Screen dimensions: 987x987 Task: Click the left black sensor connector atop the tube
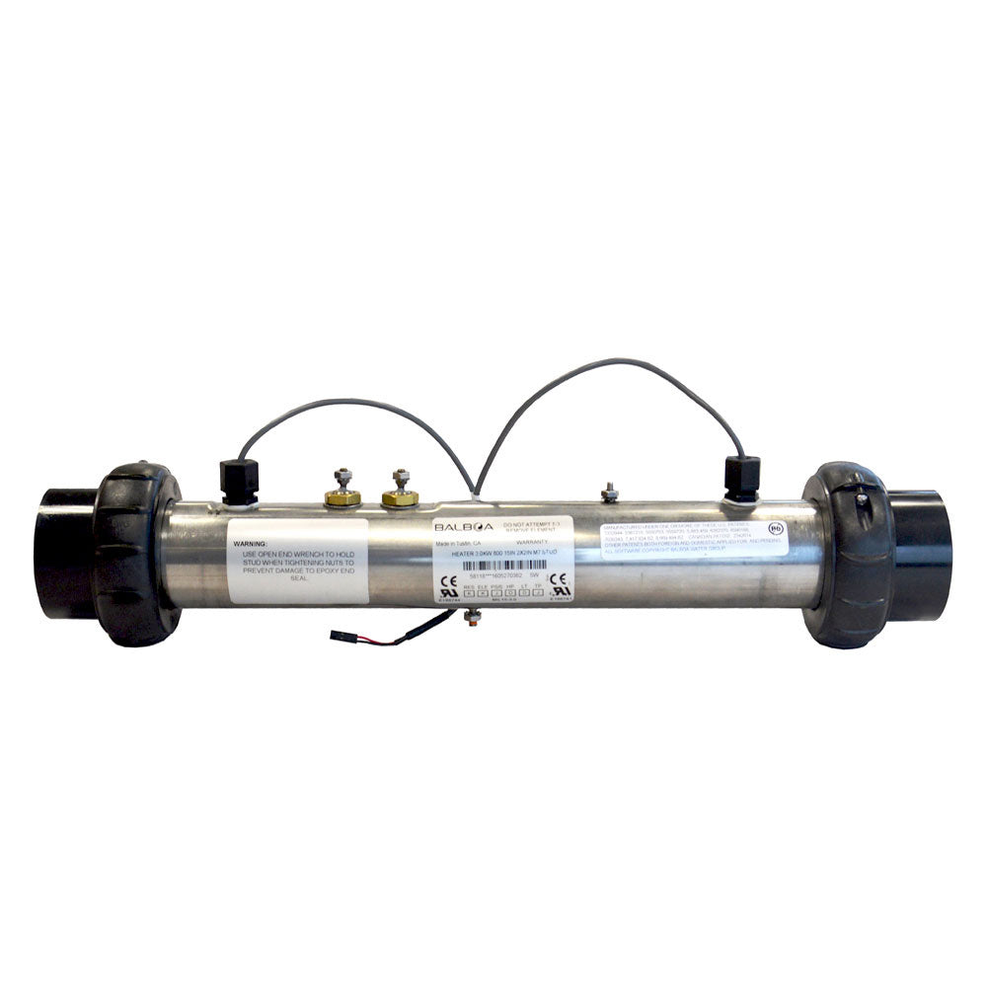[x=240, y=481]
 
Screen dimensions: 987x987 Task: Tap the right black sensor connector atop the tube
[x=742, y=478]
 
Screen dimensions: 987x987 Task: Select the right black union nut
[x=848, y=554]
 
